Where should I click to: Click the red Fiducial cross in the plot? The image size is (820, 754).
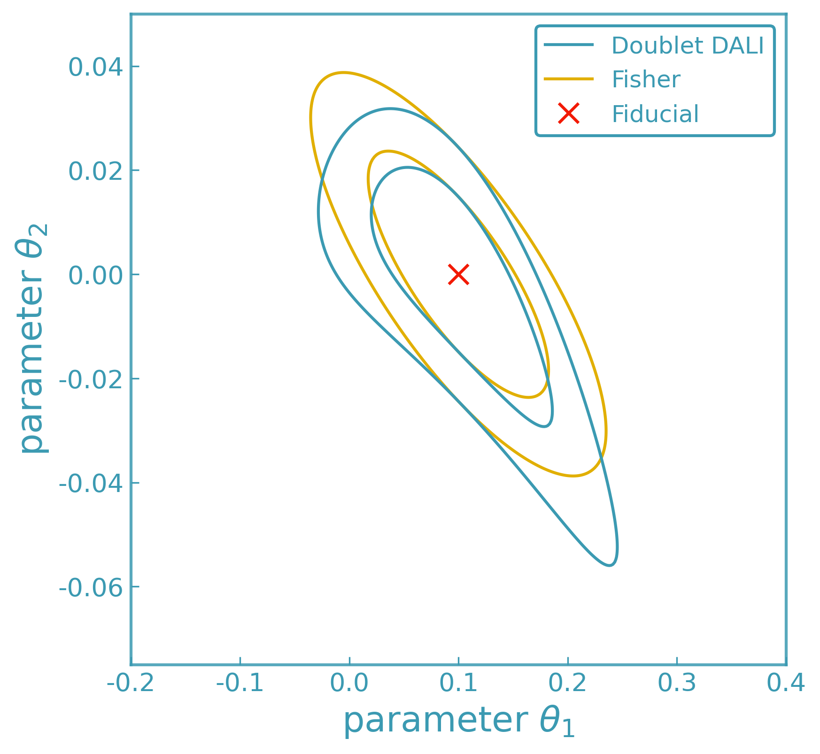458,274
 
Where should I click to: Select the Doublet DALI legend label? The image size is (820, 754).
688,46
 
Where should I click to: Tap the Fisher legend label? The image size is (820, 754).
645,80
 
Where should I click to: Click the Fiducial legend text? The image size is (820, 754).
655,114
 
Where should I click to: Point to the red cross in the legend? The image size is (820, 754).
568,114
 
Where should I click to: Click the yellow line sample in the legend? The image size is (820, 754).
568,79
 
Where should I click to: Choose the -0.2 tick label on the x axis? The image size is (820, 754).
131,683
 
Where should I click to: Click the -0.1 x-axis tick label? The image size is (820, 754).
240,683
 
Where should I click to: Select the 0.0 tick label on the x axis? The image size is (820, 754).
349,683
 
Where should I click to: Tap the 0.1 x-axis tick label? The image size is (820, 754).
458,683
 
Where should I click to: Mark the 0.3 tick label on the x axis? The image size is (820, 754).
676,683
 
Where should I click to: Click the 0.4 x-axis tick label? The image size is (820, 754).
786,683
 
